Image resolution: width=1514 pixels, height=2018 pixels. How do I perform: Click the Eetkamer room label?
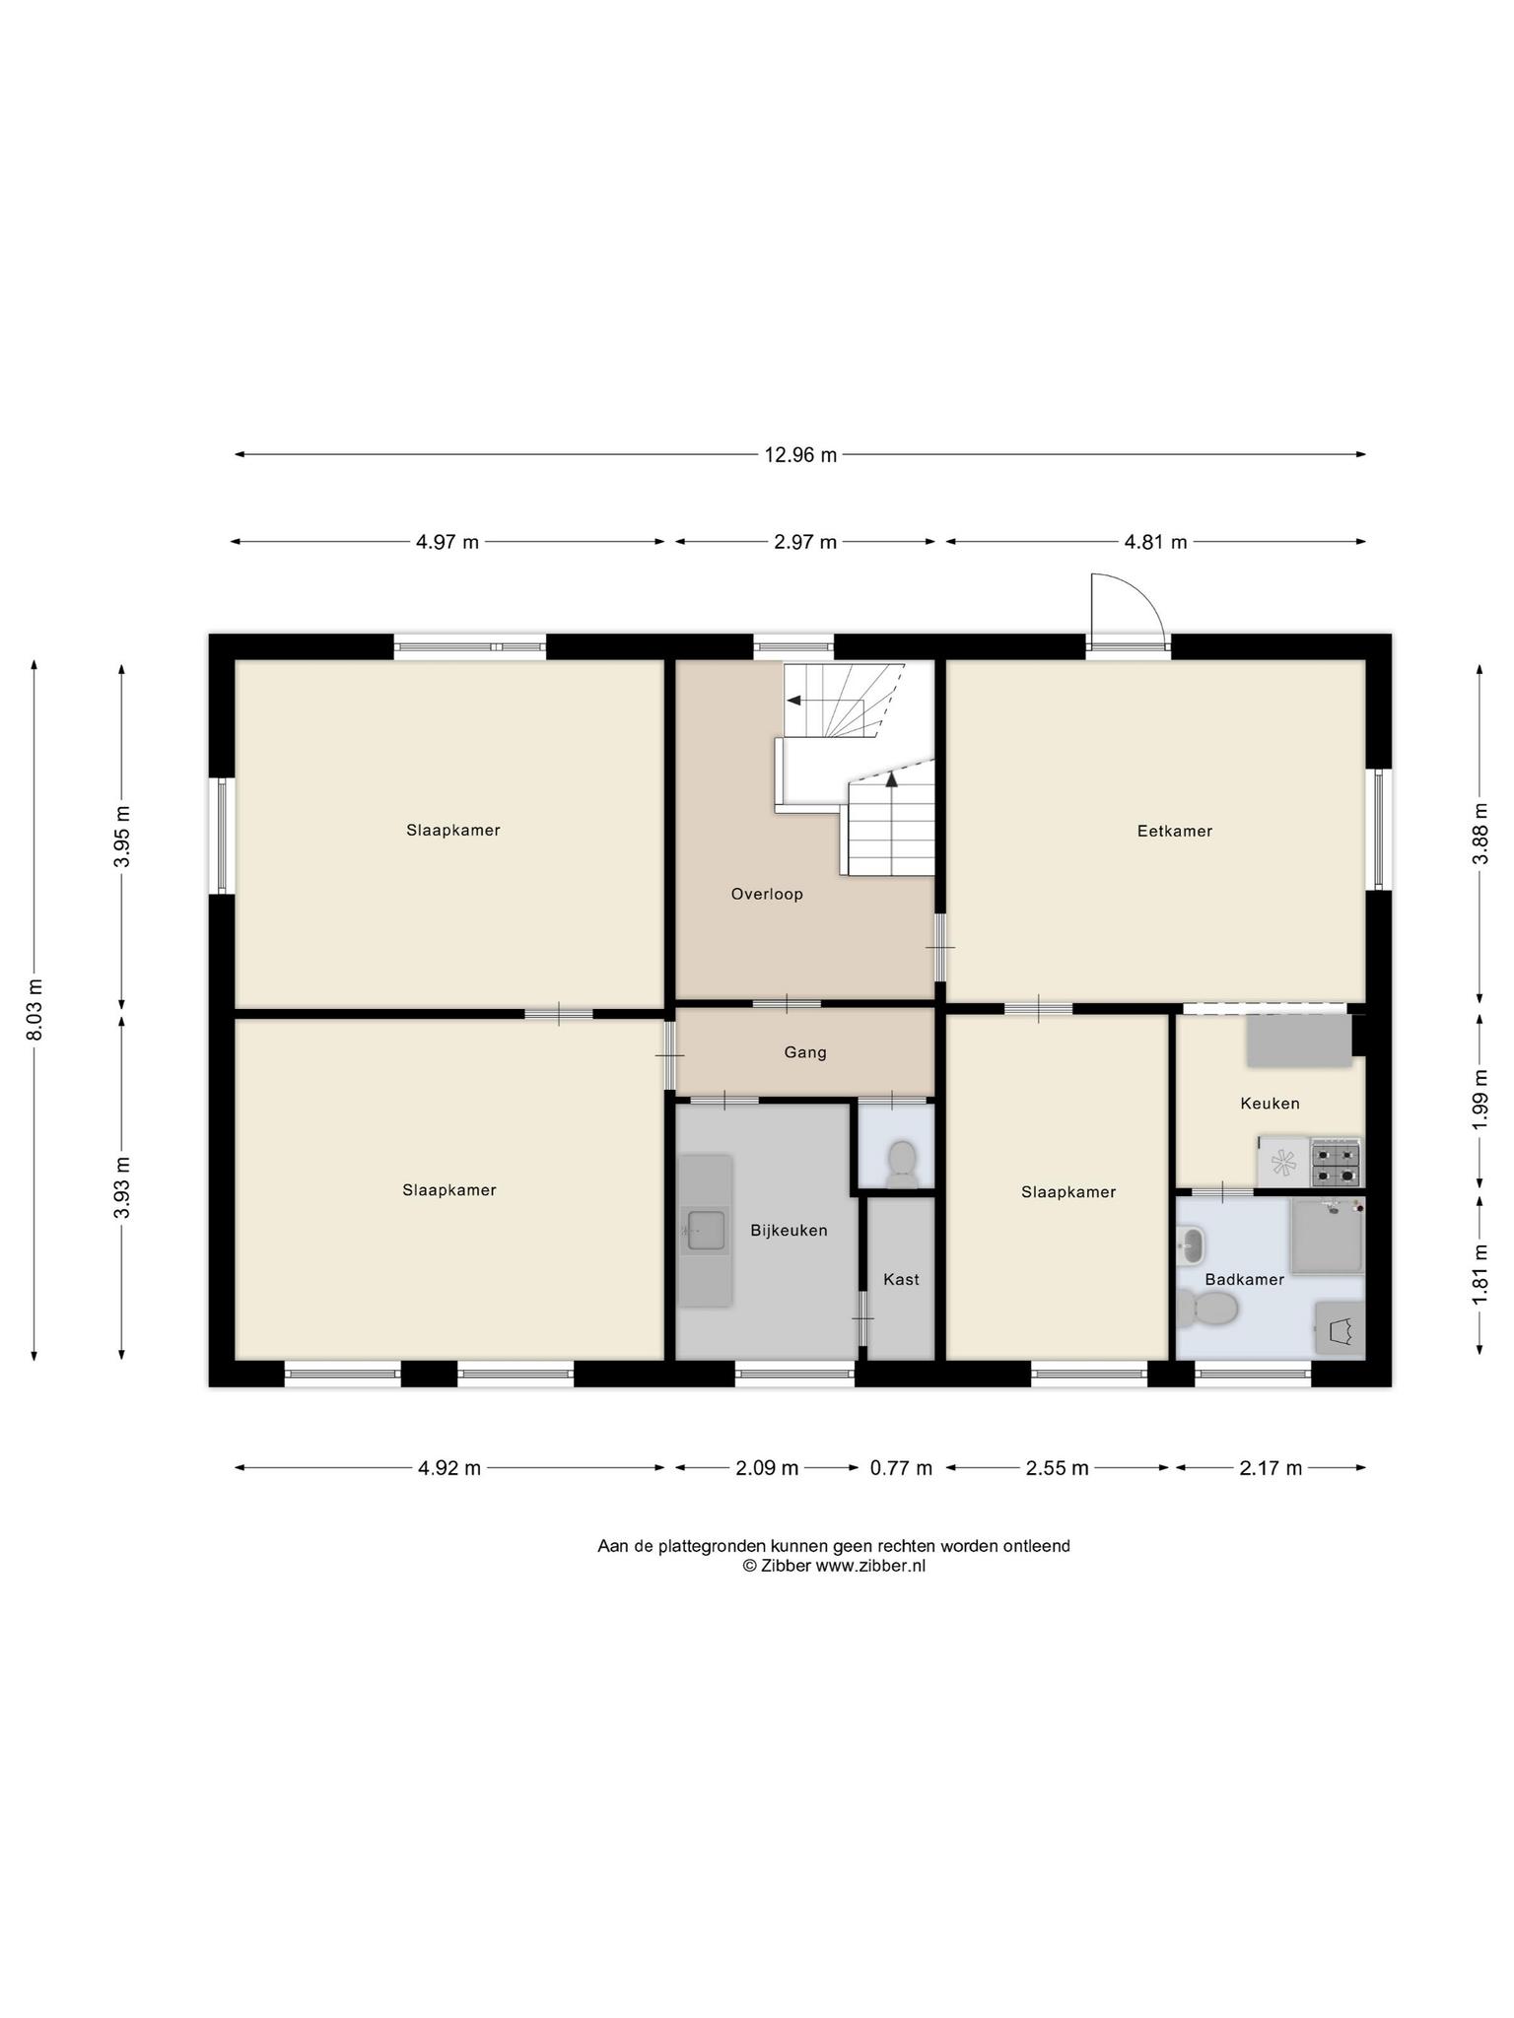[x=1174, y=831]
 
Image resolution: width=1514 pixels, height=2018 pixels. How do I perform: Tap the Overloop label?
[x=767, y=894]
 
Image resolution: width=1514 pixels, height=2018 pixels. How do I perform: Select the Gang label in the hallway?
[x=805, y=1052]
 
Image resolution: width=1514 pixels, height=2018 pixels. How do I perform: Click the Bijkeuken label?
[x=789, y=1230]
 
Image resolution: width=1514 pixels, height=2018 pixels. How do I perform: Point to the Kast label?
[x=901, y=1279]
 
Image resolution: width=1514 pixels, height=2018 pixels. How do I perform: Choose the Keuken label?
[x=1270, y=1104]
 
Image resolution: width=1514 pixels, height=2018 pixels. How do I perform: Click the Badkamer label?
[x=1244, y=1279]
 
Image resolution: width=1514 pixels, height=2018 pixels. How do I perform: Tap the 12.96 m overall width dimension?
[x=800, y=454]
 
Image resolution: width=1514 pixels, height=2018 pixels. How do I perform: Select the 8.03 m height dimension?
[x=34, y=1009]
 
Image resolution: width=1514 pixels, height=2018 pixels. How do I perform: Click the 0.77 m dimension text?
[x=901, y=1468]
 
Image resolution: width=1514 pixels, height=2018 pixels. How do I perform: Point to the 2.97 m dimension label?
[x=805, y=541]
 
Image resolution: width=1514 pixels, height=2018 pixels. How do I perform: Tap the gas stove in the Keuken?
[x=1336, y=1164]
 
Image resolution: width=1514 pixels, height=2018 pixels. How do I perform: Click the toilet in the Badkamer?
[x=1207, y=1310]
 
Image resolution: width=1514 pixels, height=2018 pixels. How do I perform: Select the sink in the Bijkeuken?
[x=706, y=1230]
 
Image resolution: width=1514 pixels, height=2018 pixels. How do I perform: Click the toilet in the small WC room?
[x=901, y=1163]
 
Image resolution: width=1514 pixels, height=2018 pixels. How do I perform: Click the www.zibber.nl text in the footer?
[x=869, y=1566]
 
